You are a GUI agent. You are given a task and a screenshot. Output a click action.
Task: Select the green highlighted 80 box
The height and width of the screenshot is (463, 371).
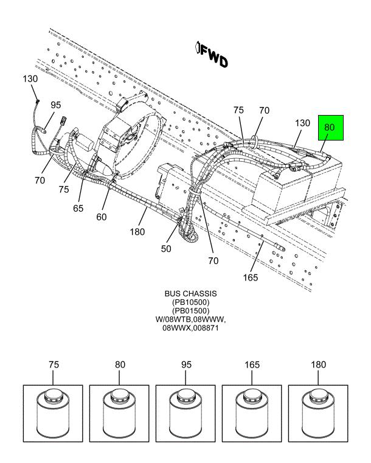pos(330,128)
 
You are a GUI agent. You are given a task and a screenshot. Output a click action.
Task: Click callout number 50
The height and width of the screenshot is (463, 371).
pos(167,248)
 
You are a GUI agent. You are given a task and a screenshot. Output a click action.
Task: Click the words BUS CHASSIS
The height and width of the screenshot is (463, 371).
pos(190,294)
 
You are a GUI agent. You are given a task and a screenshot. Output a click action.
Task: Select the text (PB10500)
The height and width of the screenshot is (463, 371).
pos(190,302)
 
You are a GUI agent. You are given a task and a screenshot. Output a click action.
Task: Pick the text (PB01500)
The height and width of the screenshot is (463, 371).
pos(190,311)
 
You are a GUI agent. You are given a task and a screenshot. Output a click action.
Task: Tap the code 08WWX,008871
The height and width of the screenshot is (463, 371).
pos(190,328)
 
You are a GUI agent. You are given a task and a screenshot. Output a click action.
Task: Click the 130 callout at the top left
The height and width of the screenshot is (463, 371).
pos(30,79)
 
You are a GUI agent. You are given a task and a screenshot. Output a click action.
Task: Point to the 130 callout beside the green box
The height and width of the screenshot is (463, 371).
pos(302,123)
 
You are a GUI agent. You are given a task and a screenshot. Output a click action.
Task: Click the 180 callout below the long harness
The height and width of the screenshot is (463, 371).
pos(137,232)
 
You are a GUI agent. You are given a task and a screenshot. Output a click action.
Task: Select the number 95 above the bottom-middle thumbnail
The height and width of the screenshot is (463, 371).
pos(186,365)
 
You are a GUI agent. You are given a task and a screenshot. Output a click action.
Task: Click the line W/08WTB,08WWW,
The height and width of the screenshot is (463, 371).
pos(190,319)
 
